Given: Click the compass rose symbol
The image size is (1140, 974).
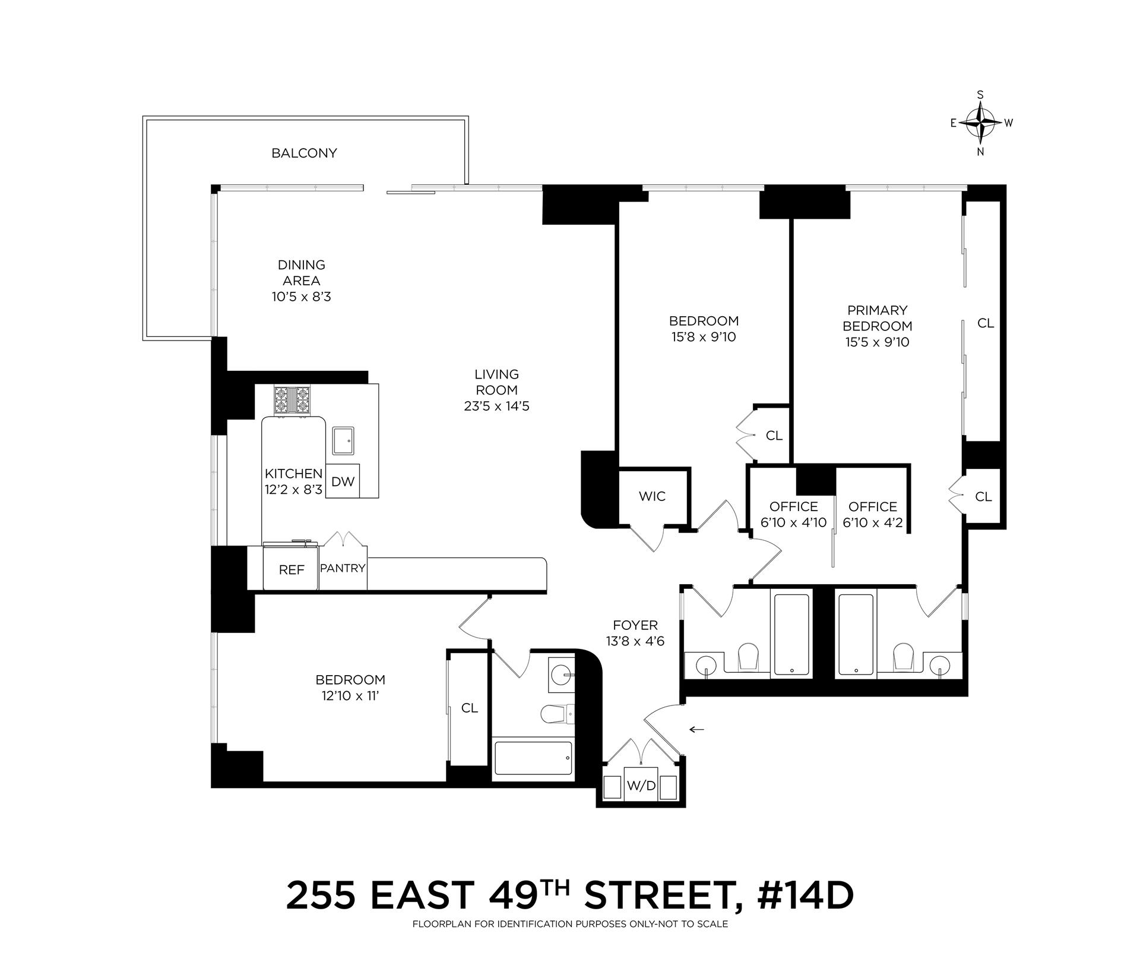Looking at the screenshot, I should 980,123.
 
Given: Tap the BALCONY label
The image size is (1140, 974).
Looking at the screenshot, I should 304,153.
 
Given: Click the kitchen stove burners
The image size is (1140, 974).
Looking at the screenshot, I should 292,400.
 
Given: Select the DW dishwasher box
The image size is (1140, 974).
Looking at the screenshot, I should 343,481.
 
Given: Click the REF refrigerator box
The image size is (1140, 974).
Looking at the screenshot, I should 292,570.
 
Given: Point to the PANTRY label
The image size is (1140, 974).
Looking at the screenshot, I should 343,568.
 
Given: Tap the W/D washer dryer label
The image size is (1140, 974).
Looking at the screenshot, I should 641,786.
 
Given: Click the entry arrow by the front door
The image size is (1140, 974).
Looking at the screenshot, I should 696,729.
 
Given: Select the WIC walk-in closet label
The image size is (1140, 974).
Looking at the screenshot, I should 652,496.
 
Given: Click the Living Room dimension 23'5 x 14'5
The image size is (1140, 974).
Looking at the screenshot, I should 496,407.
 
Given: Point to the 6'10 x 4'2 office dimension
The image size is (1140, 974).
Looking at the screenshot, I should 872,523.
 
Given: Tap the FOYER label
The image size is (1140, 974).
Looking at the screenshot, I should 635,625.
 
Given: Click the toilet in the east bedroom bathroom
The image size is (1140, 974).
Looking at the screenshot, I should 556,713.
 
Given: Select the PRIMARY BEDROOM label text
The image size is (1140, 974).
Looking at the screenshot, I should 877,318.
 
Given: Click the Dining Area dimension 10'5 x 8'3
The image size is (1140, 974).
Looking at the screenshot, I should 302,297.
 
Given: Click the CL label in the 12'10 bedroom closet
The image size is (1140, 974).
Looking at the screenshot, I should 469,708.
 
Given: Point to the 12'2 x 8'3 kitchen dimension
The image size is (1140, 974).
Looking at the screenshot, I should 293,490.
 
